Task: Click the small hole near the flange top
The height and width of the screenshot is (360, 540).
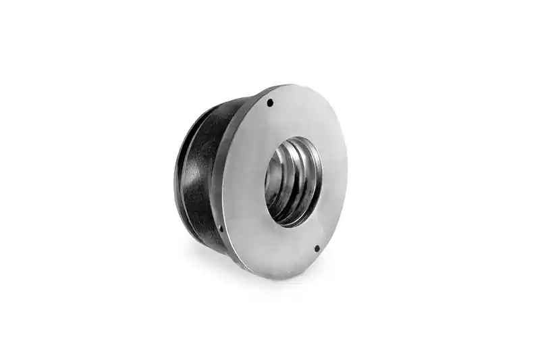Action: [270, 103]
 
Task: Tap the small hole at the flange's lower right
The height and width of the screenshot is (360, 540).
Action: [317, 248]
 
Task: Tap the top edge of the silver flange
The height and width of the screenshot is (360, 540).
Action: [290, 86]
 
